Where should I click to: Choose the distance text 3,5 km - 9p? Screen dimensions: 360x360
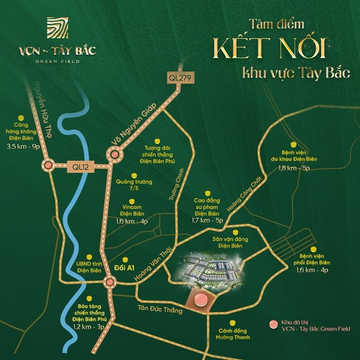click(x=23, y=146)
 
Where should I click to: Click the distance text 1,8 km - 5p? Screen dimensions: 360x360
click(x=295, y=169)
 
